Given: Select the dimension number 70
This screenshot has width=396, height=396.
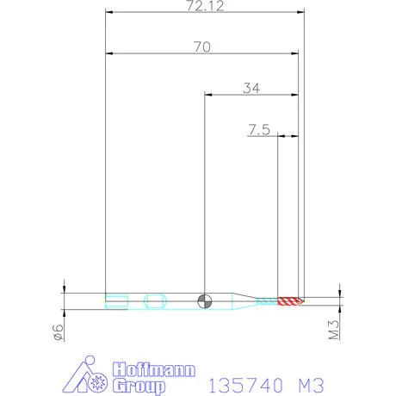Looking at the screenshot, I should pos(203,48).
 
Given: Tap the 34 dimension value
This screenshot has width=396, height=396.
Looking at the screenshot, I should pos(252,87).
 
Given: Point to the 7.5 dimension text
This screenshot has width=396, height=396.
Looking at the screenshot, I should pos(259,130).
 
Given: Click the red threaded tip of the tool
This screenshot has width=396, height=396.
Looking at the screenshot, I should pos(290,300).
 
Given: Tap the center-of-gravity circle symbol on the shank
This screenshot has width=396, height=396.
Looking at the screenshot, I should pos(204,300).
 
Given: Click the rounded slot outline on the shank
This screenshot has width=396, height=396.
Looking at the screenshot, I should pos(155,300).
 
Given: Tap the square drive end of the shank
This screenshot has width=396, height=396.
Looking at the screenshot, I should pos(117,300).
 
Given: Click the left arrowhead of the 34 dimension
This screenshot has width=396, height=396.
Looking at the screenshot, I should pos(207,93).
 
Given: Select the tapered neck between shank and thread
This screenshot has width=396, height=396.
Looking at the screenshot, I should pos(246,300).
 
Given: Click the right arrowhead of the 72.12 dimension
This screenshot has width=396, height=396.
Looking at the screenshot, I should pos(302,13).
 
